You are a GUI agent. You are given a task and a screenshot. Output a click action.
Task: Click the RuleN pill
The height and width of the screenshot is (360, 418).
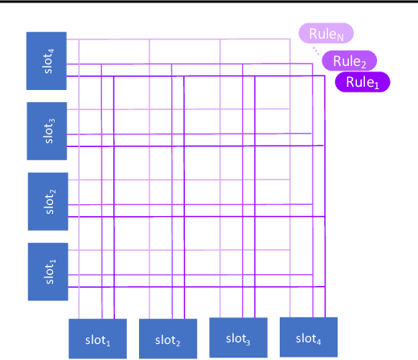click(326, 34)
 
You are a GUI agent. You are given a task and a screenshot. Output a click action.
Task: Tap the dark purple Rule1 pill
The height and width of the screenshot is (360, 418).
click(362, 81)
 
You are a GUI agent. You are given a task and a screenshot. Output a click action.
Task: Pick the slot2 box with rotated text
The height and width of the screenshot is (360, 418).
click(49, 201)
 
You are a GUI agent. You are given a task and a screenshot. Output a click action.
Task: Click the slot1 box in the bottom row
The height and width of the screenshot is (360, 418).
click(98, 339)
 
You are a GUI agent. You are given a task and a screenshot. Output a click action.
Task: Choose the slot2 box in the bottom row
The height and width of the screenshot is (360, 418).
click(168, 339)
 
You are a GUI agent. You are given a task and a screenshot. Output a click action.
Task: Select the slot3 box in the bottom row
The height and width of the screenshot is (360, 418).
click(239, 337)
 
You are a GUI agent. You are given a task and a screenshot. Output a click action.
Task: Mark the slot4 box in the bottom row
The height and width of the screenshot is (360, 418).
click(309, 337)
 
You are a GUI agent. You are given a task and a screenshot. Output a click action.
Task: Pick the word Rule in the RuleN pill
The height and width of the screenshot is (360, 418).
click(322, 34)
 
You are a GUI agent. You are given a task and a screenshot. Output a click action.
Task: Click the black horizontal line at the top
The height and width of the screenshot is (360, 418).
click(209, 2)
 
